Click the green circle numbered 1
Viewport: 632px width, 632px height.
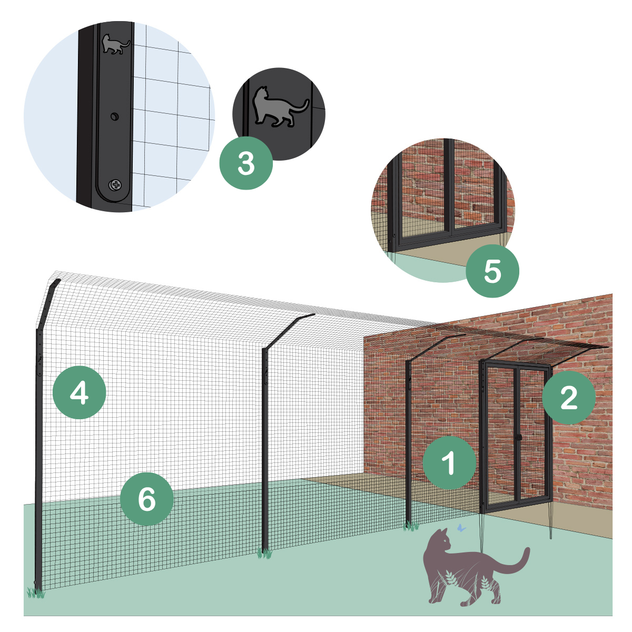(x=449, y=463)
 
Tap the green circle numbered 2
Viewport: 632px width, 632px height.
(x=568, y=398)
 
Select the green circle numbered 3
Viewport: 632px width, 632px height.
(x=245, y=163)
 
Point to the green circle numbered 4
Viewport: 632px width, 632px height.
(x=79, y=392)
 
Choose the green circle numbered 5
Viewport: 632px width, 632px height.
(x=492, y=271)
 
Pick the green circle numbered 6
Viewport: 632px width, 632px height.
(x=146, y=499)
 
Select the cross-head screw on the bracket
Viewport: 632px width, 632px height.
(x=115, y=185)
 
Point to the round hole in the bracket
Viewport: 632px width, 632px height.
(x=114, y=116)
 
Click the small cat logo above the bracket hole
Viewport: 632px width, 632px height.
(x=115, y=44)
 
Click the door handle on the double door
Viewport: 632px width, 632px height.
(x=518, y=437)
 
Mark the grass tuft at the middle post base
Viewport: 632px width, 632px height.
(x=265, y=554)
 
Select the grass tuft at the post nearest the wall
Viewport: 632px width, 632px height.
(x=411, y=526)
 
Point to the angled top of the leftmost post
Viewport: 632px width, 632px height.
(x=48, y=303)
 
